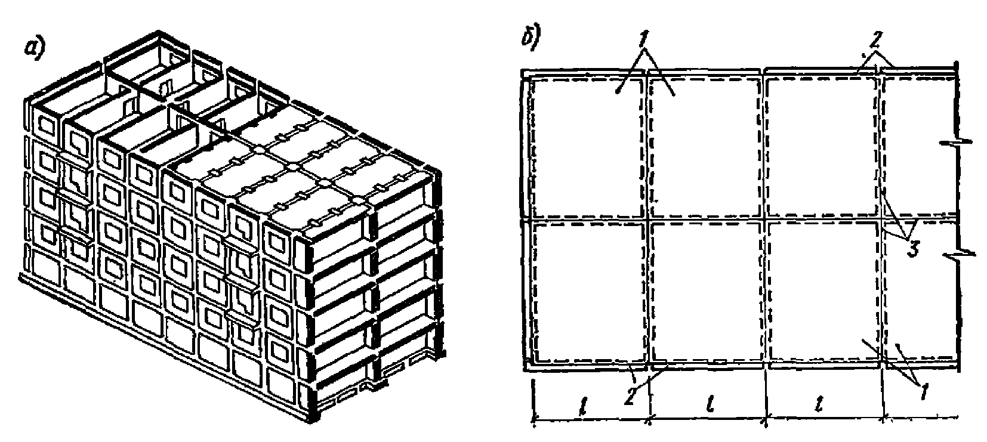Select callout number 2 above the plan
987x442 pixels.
(x=875, y=40)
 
